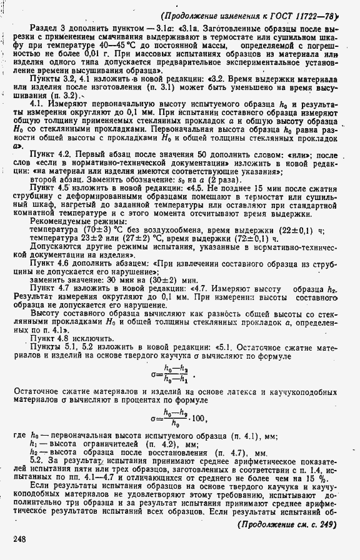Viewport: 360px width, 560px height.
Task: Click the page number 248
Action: (x=19, y=538)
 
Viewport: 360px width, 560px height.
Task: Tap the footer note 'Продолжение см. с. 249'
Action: (x=287, y=523)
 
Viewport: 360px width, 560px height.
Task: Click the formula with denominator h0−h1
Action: (x=172, y=373)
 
